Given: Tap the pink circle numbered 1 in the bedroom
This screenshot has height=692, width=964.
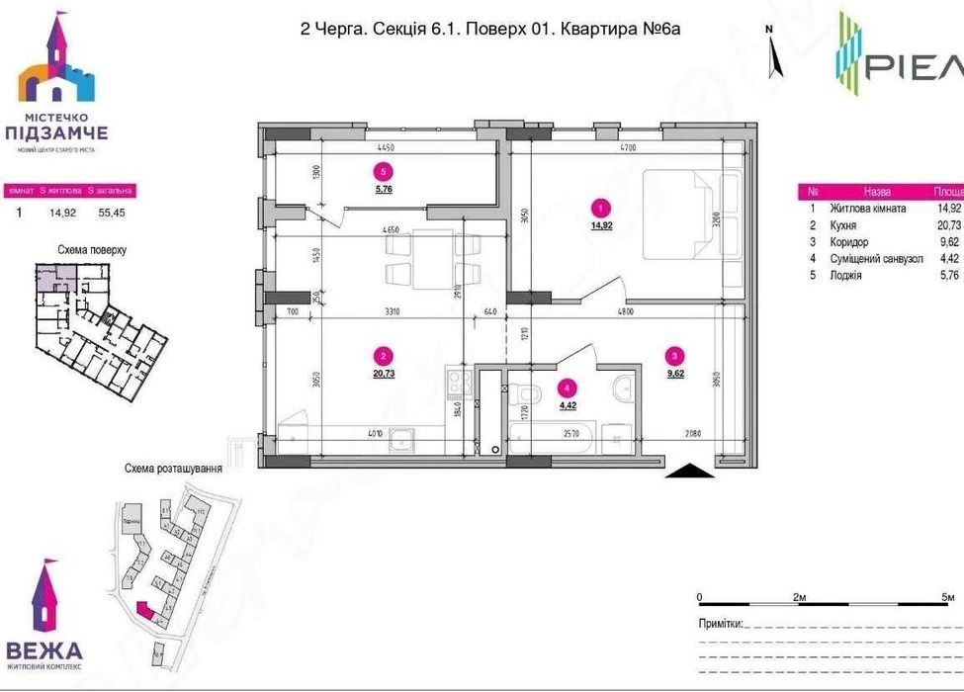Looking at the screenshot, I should click(x=597, y=208).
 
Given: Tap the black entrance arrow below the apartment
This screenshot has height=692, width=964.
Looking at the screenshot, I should click(x=689, y=473).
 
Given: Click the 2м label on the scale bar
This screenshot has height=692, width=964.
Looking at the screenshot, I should click(x=801, y=599).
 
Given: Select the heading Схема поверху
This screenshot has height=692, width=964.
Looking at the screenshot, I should click(x=93, y=250).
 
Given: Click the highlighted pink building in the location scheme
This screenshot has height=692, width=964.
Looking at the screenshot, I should click(x=145, y=611).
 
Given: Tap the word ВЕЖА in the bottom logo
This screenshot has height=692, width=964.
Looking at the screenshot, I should click(x=44, y=650).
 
